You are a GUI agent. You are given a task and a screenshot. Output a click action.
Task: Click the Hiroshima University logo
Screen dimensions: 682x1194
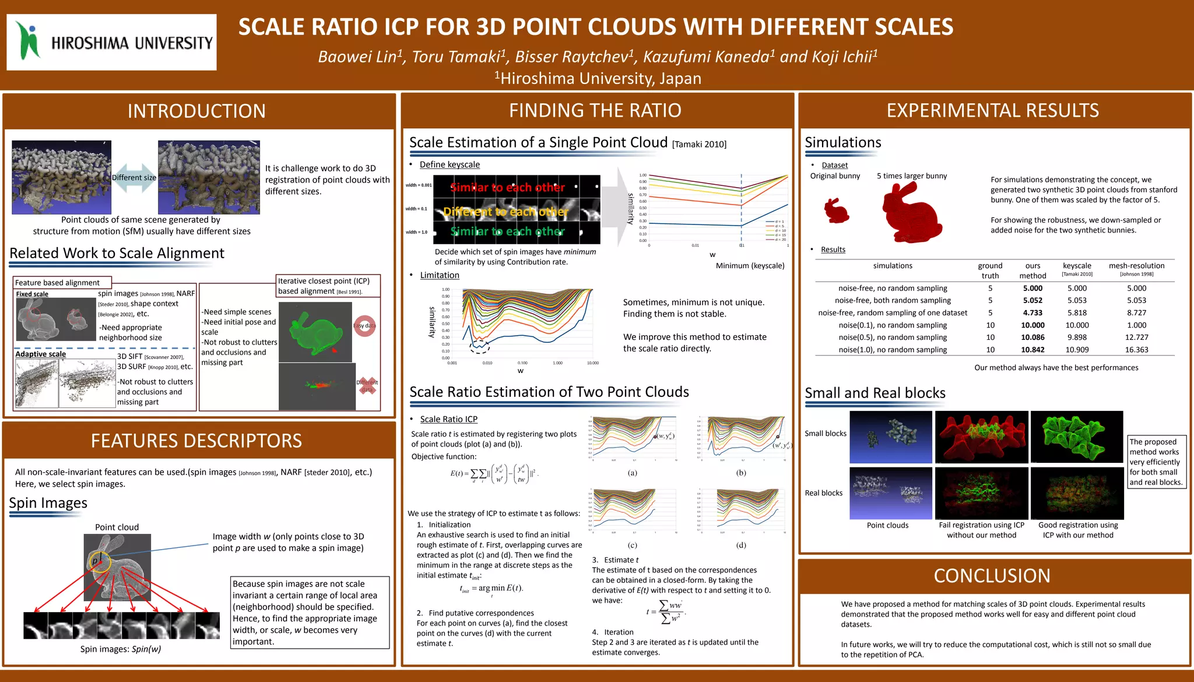[111, 42]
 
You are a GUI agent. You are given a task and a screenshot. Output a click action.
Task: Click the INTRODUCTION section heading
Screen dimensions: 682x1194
[196, 111]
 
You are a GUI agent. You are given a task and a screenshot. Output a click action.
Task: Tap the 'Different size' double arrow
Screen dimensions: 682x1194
[134, 178]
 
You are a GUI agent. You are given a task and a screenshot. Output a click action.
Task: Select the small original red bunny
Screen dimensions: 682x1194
[837, 210]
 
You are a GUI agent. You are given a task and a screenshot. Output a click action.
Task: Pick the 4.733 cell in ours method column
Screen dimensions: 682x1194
[1033, 312]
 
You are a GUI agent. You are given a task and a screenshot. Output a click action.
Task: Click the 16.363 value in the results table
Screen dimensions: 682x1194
[1136, 350]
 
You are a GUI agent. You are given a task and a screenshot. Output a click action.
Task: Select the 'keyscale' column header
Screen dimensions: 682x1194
[1077, 266]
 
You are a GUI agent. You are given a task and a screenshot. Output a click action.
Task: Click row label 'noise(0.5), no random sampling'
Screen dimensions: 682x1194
[893, 338]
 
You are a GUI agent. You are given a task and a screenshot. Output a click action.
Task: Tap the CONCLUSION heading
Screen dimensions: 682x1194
[992, 575]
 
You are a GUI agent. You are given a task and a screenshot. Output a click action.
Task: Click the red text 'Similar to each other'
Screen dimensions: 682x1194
[507, 187]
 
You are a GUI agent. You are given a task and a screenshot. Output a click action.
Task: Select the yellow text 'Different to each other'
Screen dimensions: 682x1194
[505, 212]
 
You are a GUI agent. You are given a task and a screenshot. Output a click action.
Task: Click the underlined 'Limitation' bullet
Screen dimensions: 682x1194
[440, 275]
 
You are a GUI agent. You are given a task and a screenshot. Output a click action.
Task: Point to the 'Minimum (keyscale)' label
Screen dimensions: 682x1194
[750, 266]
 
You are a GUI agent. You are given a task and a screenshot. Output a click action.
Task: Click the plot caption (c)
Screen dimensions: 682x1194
[633, 545]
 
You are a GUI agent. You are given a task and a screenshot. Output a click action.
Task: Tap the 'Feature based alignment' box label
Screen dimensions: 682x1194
[57, 283]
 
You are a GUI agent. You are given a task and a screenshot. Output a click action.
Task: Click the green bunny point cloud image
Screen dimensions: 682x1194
[315, 331]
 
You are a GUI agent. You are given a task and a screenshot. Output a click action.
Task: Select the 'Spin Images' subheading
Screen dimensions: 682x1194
[48, 503]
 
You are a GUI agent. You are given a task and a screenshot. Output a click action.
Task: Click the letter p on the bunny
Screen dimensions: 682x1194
[95, 561]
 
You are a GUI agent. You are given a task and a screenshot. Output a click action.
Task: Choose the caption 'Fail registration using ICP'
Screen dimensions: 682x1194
[981, 525]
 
